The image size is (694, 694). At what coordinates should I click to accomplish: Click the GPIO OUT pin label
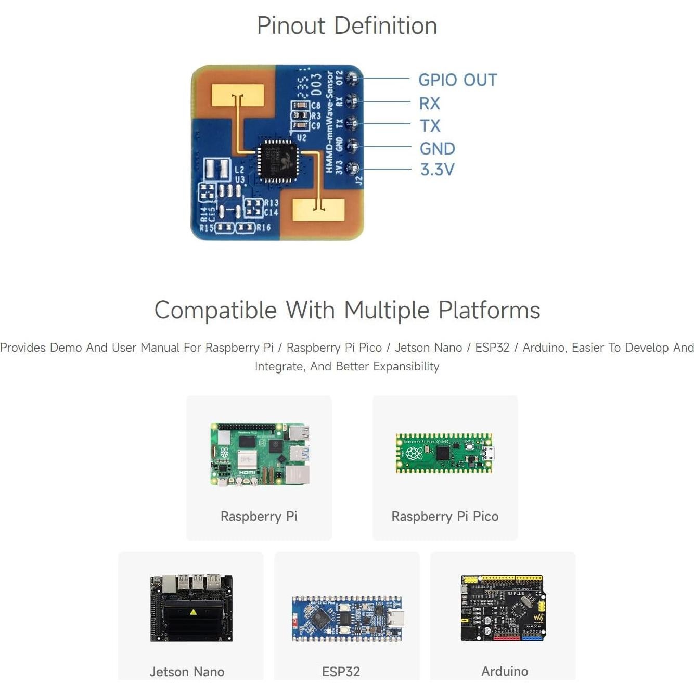457,80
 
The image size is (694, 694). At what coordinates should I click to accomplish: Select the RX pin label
429,104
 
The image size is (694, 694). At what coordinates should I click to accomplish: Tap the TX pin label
430,126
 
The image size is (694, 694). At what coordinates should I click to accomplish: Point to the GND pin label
437,149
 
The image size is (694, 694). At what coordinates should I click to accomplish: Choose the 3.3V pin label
437,170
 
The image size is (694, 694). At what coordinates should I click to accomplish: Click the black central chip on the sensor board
278,161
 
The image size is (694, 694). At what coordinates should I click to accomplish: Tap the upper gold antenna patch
238,95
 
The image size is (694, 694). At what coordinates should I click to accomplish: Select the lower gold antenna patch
318,210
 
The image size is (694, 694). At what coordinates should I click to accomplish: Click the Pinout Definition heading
346,25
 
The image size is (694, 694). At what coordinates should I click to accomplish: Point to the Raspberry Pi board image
260,454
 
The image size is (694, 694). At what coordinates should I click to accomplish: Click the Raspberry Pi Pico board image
444,453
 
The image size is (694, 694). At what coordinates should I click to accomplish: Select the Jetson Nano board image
191,608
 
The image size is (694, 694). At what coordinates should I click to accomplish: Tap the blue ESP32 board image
347,618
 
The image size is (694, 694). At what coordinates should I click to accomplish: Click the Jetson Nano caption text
187,672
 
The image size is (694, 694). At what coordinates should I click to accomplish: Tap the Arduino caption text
504,671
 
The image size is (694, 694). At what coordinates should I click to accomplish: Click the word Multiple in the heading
387,310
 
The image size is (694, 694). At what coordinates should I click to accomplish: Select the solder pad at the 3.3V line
353,168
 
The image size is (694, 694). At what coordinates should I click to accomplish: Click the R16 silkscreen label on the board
263,228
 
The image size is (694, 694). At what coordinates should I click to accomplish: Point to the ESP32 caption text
341,672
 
